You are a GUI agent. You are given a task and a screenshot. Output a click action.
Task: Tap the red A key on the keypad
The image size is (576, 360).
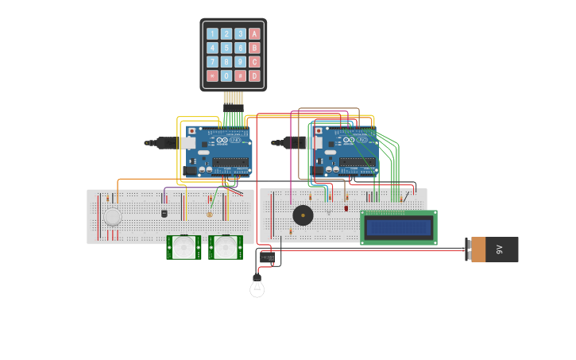tap(254, 34)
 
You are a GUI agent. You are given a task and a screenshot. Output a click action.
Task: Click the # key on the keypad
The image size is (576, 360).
tap(240, 76)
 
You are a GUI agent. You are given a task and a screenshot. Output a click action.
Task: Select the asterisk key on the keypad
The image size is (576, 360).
tap(212, 76)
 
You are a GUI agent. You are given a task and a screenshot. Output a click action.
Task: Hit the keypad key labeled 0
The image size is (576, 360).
tap(226, 76)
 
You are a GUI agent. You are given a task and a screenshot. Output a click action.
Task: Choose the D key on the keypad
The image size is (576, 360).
tap(254, 76)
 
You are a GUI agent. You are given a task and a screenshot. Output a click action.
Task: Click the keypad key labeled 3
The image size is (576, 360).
tap(240, 34)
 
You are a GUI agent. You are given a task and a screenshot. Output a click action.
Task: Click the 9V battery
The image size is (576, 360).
tap(493, 250)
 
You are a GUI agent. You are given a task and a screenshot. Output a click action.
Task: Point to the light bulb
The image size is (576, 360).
tap(257, 287)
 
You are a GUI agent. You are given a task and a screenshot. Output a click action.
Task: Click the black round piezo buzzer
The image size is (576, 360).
tap(303, 215)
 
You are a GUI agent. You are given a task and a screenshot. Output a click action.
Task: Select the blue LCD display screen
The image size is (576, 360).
tap(398, 228)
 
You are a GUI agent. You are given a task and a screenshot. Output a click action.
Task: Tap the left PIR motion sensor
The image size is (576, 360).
tap(184, 247)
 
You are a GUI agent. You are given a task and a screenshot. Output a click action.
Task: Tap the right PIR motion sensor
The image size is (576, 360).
tap(226, 247)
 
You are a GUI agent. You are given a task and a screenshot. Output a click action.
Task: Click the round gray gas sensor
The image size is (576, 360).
tap(113, 217)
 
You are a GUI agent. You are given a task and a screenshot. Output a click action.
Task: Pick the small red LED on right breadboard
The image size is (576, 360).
tap(346, 208)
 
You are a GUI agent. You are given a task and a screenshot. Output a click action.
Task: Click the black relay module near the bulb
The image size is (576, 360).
tap(267, 257)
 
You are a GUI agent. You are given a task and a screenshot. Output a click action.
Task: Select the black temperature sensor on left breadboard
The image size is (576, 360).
tap(164, 213)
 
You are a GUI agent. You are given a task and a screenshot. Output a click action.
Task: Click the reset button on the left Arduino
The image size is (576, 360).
tap(191, 131)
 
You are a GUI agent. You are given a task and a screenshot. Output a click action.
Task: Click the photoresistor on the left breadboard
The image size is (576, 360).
tap(210, 215)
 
